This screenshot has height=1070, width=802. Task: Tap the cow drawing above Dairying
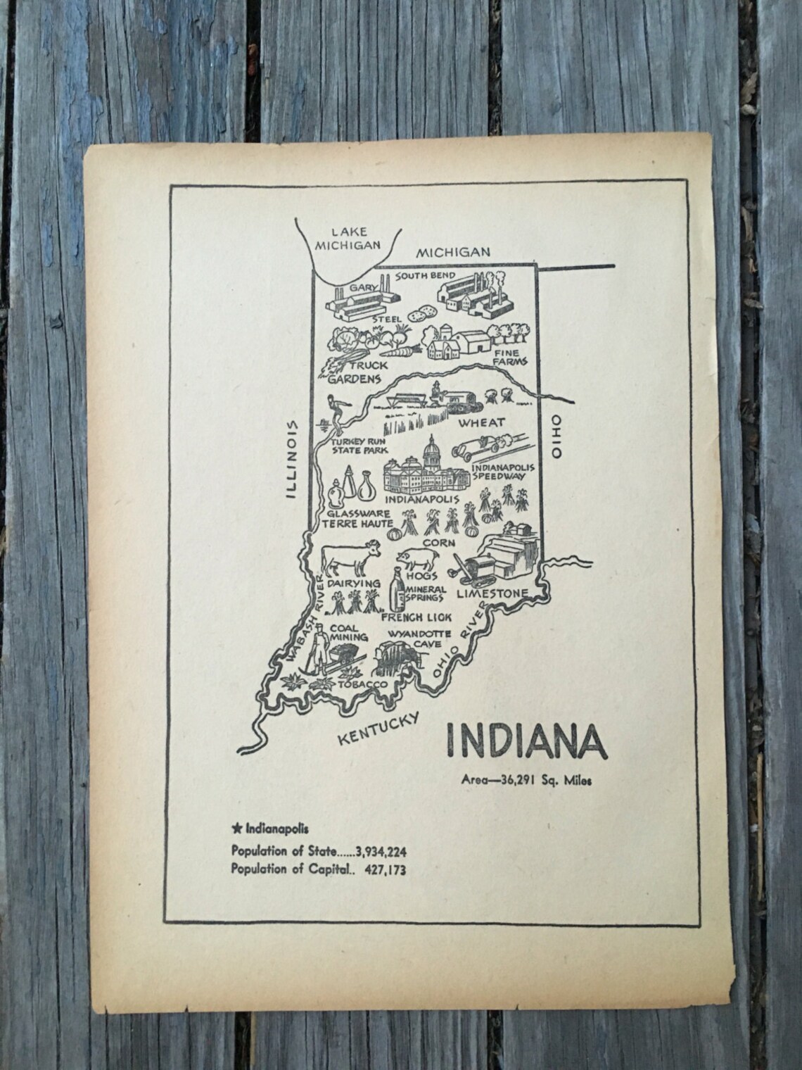350,559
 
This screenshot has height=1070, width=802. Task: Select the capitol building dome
430,450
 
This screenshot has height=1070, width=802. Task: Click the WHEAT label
481,422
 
